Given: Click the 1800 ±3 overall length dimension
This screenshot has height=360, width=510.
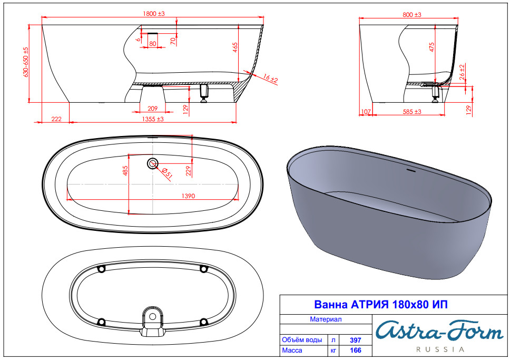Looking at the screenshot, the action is [154, 14].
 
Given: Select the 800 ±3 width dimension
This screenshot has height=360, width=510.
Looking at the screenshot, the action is [412, 15].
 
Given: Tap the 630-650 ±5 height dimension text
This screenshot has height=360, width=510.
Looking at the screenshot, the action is [26, 62].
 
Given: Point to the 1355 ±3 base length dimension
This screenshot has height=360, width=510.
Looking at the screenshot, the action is [153, 119].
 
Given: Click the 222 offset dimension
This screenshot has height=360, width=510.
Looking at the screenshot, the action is [56, 119].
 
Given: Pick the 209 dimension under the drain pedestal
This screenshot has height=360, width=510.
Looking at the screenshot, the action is [152, 109].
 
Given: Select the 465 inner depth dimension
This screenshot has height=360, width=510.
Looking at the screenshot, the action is [235, 48].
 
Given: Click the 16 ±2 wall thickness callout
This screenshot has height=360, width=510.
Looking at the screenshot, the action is [270, 79].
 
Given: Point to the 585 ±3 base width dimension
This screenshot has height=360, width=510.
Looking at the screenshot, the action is [412, 112].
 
